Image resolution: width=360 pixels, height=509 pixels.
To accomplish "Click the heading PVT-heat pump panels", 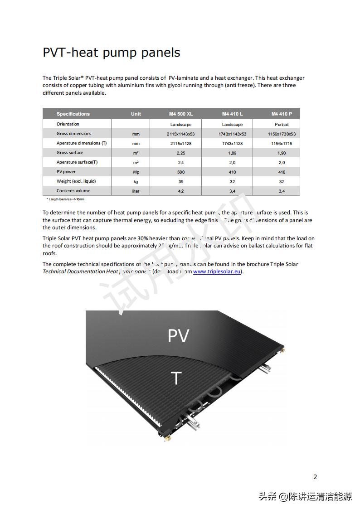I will (111, 53).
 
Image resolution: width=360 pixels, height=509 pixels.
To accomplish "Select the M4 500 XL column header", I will (180, 114).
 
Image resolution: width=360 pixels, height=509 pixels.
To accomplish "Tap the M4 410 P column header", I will (282, 114).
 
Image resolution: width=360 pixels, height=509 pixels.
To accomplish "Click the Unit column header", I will (136, 114).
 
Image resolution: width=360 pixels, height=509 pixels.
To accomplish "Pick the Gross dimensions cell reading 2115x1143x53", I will (180, 134).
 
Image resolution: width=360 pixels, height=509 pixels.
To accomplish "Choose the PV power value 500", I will (180, 172).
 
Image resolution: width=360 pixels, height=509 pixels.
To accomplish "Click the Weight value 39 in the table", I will (180, 182).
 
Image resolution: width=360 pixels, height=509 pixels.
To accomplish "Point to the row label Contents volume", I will (73, 191).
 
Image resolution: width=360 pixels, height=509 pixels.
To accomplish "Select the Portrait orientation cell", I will (282, 125).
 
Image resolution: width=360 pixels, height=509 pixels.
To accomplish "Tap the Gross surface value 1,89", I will (232, 153).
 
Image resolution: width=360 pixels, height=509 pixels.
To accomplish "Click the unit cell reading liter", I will (136, 191).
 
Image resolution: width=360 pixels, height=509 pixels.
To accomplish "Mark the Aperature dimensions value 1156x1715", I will (282, 144).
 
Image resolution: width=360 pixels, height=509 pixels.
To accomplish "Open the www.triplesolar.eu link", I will (216, 272).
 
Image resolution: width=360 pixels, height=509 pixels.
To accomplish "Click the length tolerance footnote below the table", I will (65, 199).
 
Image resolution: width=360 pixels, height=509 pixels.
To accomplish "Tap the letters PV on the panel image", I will (178, 336).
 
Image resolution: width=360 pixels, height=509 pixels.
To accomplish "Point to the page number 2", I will (315, 477).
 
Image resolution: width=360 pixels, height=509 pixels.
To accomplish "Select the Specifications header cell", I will (73, 114).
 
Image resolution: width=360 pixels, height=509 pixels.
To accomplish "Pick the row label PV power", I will (66, 172).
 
